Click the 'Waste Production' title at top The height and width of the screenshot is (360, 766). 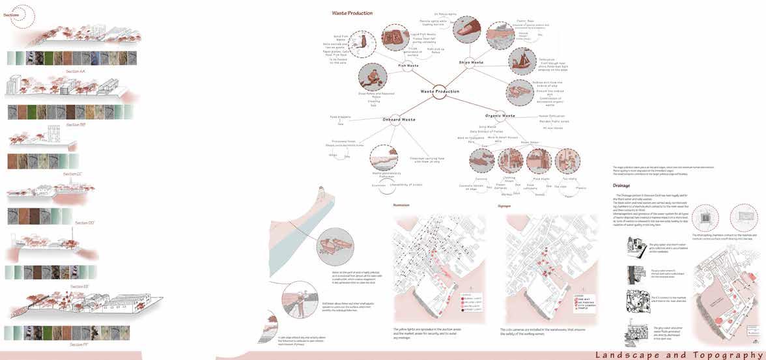[x=352, y=13]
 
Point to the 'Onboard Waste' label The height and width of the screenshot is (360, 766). [x=399, y=119]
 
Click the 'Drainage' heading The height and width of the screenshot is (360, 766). [x=621, y=185]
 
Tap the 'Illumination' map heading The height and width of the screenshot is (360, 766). [x=402, y=205]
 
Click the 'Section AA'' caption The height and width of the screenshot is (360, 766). [x=75, y=71]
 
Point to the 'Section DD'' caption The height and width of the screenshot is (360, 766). [x=85, y=223]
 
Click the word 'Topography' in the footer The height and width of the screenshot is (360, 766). [x=723, y=354]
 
